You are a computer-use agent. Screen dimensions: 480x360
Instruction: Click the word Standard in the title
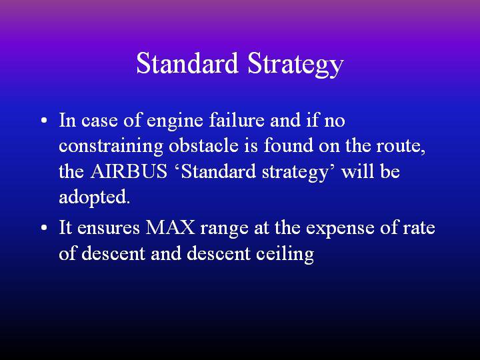tap(187, 63)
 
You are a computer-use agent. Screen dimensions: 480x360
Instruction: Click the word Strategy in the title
tap(296, 65)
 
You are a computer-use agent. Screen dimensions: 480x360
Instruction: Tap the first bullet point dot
tap(44, 120)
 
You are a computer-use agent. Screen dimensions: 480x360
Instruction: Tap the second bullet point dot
tap(44, 228)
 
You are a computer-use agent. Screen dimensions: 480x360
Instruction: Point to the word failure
tap(237, 120)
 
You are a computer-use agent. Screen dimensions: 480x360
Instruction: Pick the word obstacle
tap(203, 145)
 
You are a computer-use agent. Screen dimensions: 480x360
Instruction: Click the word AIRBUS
tap(129, 171)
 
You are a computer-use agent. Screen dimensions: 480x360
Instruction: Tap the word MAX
tap(170, 227)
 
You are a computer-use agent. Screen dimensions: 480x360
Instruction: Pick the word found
tap(289, 145)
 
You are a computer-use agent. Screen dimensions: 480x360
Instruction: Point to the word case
tap(99, 121)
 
